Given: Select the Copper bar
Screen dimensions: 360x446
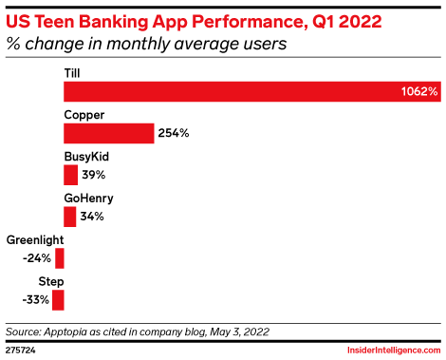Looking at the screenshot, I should click(108, 133).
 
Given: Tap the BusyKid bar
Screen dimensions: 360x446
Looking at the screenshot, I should click(70, 175).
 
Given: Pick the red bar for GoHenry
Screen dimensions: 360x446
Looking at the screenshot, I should click(69, 217).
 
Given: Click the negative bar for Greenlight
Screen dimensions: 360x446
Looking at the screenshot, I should click(60, 258).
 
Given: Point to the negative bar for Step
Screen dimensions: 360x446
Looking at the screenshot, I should click(59, 300).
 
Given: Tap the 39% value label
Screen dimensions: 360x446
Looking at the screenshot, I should click(94, 176).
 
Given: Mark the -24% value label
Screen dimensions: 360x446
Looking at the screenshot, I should click(37, 259).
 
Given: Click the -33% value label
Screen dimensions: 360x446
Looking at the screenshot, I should click(36, 301).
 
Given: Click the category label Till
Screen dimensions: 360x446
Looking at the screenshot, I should click(72, 72).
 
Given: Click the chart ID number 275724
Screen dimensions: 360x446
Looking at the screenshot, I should click(22, 351).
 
